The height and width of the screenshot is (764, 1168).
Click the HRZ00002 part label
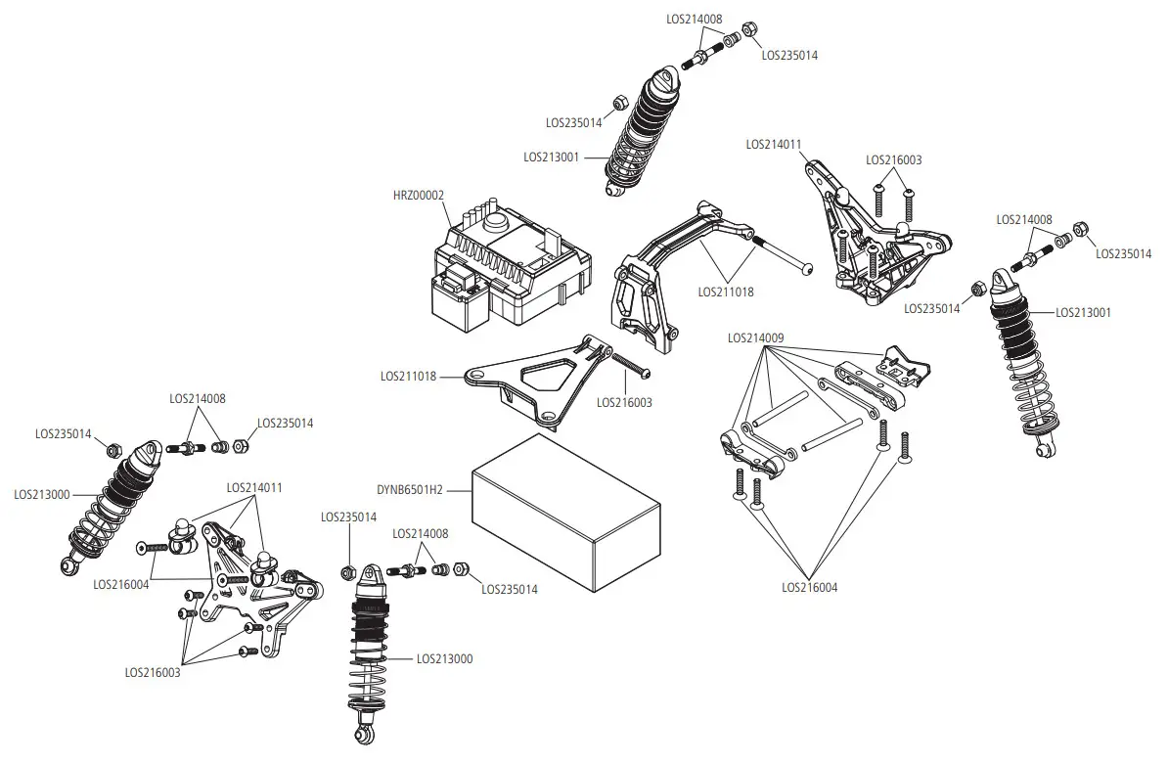click(418, 196)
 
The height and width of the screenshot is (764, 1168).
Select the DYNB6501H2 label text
click(410, 489)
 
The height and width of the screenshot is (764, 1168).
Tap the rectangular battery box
click(562, 514)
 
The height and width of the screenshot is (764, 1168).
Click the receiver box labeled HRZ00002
click(509, 264)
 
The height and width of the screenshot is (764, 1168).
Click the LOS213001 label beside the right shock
click(1083, 313)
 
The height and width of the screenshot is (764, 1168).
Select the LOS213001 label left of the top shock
click(552, 157)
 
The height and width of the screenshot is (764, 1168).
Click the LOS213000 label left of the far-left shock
click(42, 495)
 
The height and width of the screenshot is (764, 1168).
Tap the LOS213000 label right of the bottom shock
click(444, 659)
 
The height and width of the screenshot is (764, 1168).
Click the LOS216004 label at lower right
click(810, 588)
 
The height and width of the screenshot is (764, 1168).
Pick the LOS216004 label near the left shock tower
click(121, 584)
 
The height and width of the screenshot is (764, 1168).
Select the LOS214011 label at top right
click(774, 144)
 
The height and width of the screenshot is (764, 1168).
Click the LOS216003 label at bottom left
click(153, 672)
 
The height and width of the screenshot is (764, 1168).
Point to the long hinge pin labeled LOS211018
click(778, 252)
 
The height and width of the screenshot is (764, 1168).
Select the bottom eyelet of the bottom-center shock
click(363, 735)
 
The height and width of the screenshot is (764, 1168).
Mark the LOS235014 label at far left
click(64, 433)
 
